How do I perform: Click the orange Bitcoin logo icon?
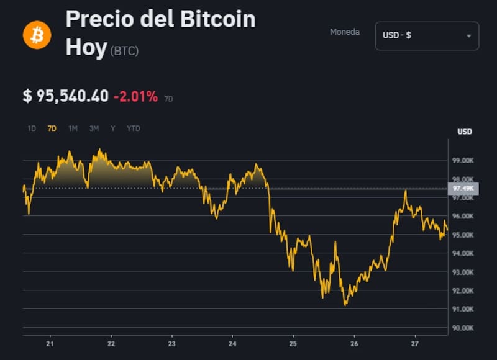pos(37,35)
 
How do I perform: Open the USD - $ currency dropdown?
pos(427,35)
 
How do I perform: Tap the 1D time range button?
pos(32,128)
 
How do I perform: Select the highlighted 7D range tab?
pos(52,128)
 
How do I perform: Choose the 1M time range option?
pos(73,128)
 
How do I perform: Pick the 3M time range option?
pos(94,128)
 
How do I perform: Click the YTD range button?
pos(133,128)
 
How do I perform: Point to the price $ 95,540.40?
pos(65,96)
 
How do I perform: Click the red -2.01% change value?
pos(135,96)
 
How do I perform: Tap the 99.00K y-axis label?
pos(463,161)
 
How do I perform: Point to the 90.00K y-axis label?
pos(463,328)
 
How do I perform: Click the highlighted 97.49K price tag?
pos(463,189)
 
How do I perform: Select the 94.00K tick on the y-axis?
pos(463,253)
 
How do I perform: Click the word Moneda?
pos(345,32)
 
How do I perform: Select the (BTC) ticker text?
pos(124,51)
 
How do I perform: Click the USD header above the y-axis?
pos(464,132)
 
